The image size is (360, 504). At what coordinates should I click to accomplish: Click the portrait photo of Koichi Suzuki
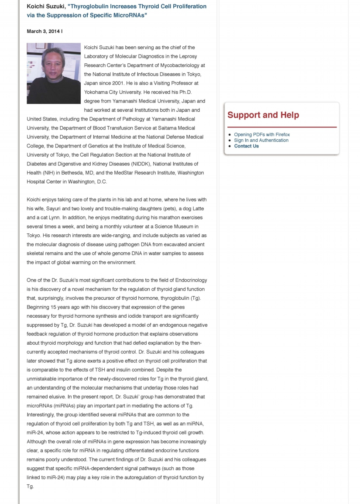point(54,73)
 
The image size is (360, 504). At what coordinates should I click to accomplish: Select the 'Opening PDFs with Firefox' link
point(262,134)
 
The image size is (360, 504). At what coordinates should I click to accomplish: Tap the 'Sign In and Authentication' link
point(261,140)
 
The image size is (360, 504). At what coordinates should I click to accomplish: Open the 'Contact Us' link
point(246,146)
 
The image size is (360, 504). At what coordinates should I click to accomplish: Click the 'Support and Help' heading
point(263,115)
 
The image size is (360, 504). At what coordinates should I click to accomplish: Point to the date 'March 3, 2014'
point(43,31)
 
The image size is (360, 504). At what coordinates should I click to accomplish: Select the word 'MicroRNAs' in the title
point(129,15)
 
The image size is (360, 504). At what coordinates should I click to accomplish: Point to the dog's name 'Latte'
point(195,209)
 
